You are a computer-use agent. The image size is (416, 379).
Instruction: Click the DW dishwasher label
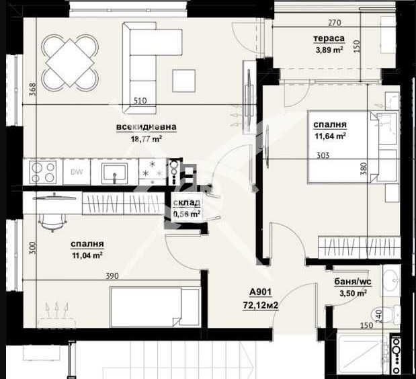[77, 172]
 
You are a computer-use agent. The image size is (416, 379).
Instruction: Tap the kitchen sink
[115, 173]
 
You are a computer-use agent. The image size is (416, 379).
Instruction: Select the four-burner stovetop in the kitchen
[43, 172]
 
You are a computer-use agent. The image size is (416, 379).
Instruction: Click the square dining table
[70, 62]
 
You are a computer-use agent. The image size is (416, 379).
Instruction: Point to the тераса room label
[329, 38]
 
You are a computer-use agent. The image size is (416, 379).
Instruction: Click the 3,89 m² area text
[329, 50]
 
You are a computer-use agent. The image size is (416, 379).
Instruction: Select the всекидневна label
[147, 126]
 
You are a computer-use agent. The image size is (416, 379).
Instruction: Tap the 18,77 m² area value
[147, 138]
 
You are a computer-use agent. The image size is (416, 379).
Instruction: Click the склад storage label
[187, 203]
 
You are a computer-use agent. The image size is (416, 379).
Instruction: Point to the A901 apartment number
[261, 292]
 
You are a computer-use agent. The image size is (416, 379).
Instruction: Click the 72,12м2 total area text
[261, 306]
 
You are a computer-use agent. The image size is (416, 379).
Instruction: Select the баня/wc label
[353, 282]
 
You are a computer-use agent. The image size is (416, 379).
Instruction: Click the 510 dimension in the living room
[140, 101]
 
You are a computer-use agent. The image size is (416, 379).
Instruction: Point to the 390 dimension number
[112, 276]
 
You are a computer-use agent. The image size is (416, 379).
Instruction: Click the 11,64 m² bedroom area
[330, 136]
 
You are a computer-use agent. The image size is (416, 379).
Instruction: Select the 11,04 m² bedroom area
[87, 255]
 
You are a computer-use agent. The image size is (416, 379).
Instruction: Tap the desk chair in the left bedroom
[52, 222]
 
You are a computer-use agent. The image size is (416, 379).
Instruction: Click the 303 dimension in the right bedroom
[323, 155]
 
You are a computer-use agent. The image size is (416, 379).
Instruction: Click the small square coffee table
[184, 81]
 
